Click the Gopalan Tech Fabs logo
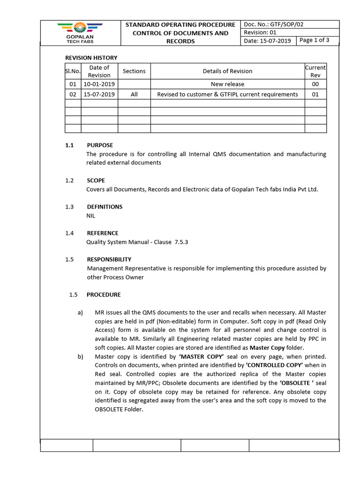coord(80,32)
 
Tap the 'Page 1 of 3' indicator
coord(314,40)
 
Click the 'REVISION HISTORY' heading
coord(91,58)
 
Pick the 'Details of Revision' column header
coord(227,71)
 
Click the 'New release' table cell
coord(227,84)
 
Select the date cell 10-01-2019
coord(99,84)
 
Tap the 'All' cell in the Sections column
coord(134,94)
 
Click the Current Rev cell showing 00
coord(315,84)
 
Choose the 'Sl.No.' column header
coord(73,71)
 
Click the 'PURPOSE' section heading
coord(100,145)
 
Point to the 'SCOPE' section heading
coord(96,180)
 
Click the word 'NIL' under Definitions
coord(91,216)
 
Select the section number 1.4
coord(69,233)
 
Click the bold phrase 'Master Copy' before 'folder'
coord(267,348)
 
